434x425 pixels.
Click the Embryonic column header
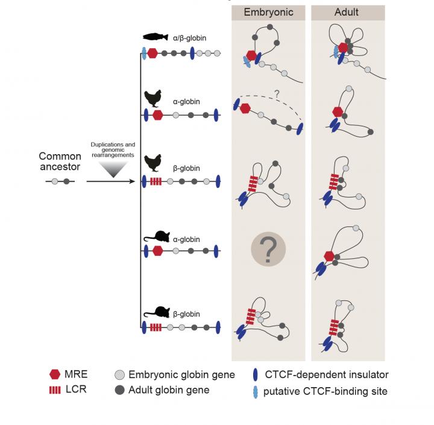coord(266,12)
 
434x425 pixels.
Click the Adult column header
coord(347,12)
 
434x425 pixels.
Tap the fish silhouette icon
coord(156,37)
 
